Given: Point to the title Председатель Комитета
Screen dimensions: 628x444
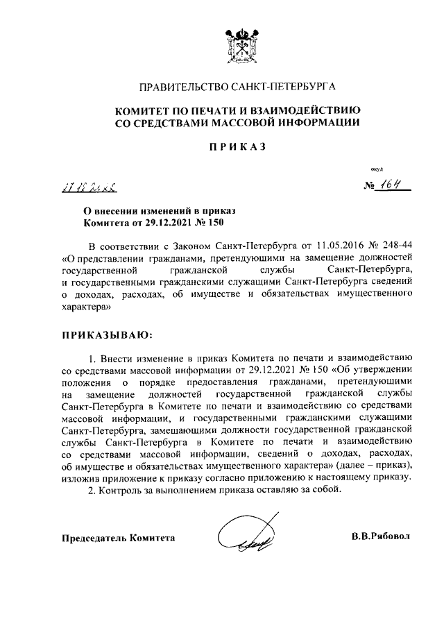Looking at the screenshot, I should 119,538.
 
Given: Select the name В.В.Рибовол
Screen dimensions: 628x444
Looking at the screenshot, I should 382,538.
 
